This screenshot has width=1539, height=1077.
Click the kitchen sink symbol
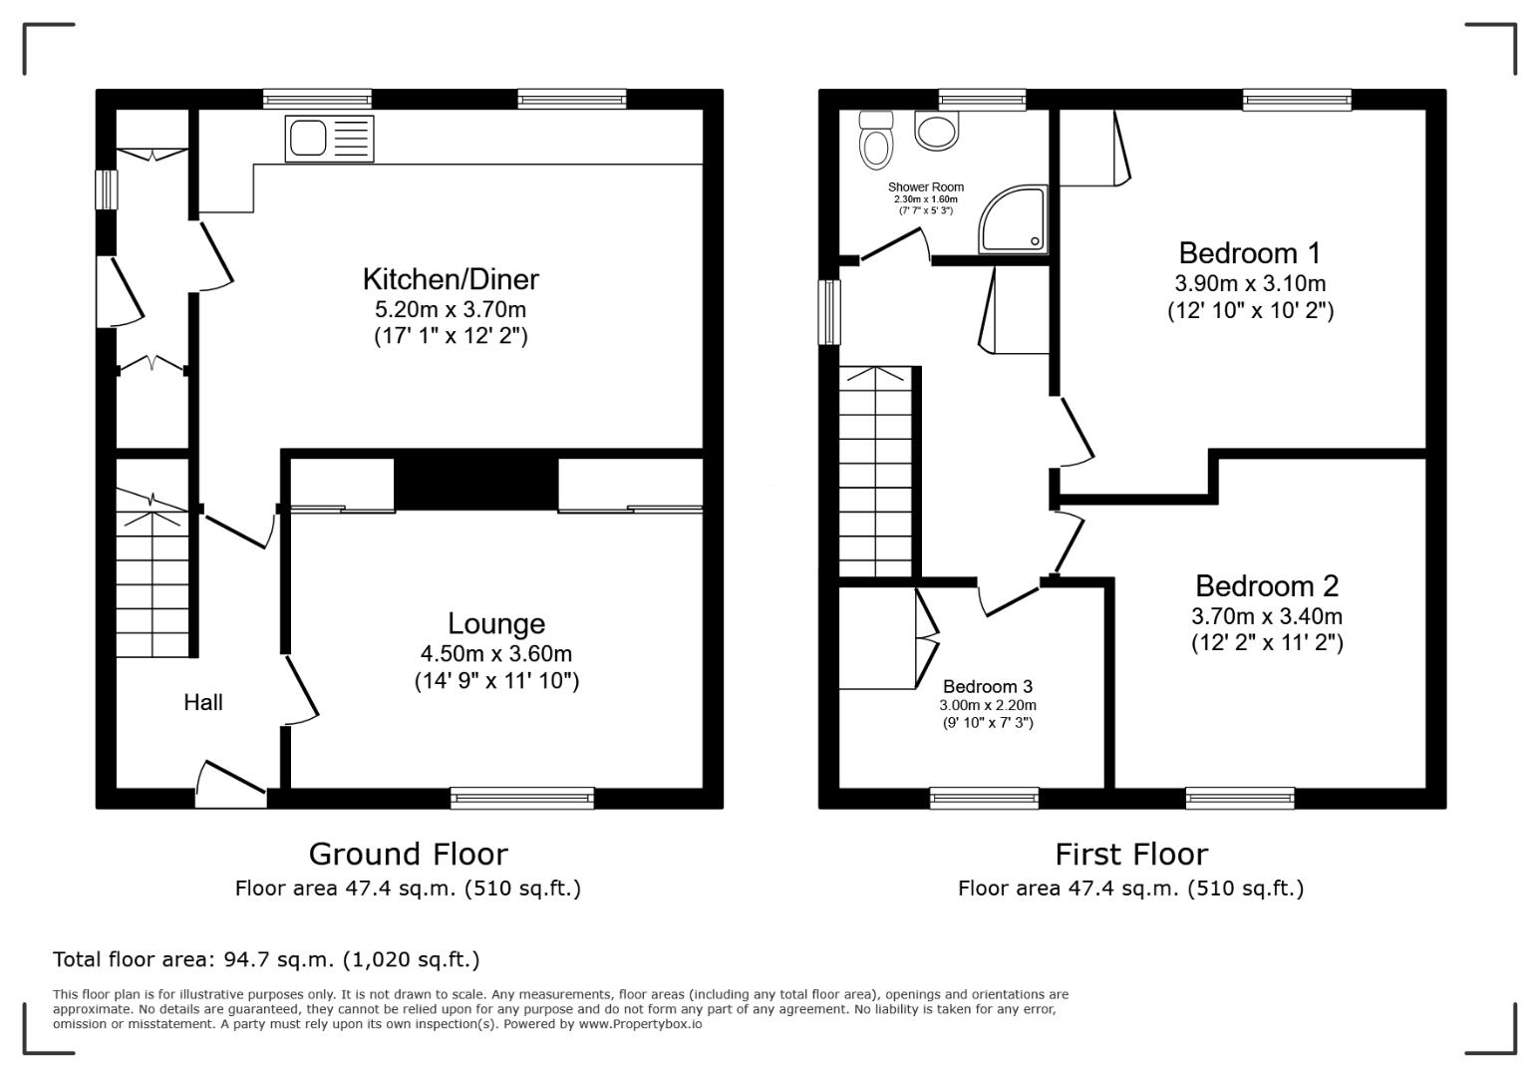pyautogui.click(x=330, y=138)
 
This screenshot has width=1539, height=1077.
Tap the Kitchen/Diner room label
pyautogui.click(x=451, y=279)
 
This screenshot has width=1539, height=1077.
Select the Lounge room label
pyautogui.click(x=496, y=624)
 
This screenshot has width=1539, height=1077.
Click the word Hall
pyautogui.click(x=203, y=703)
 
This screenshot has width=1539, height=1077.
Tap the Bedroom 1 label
pyautogui.click(x=1250, y=252)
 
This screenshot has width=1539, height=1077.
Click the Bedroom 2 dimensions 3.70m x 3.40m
pyautogui.click(x=1267, y=616)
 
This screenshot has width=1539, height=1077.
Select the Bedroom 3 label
pyautogui.click(x=988, y=687)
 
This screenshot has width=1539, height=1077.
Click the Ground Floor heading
pyautogui.click(x=408, y=855)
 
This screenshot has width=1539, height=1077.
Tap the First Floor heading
pyautogui.click(x=1131, y=855)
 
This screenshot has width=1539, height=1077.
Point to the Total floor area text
pyautogui.click(x=266, y=960)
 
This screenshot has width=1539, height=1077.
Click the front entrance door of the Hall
pyautogui.click(x=231, y=785)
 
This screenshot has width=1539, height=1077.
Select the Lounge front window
pyautogui.click(x=521, y=797)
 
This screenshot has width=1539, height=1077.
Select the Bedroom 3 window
pyautogui.click(x=984, y=797)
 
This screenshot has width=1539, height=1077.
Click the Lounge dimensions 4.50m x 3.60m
pyautogui.click(x=496, y=654)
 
